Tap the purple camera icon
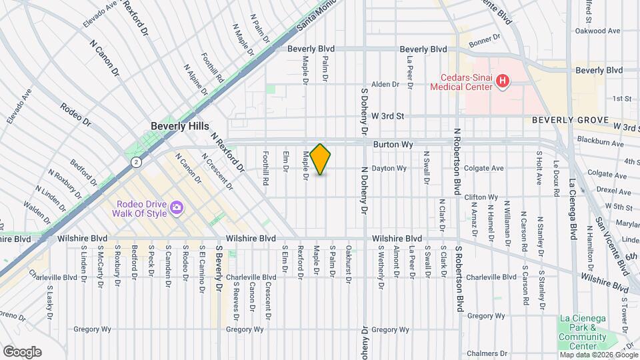click(x=177, y=208)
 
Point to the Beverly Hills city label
click(x=179, y=126)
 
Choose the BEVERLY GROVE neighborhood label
click(x=570, y=120)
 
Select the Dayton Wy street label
click(x=389, y=169)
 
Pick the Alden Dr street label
click(x=385, y=85)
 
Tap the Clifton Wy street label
click(x=481, y=197)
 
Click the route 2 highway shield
click(x=136, y=162)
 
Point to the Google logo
click(x=21, y=351)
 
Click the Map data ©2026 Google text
click(x=598, y=355)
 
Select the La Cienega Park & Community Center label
click(x=582, y=333)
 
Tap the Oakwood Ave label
click(x=598, y=31)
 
